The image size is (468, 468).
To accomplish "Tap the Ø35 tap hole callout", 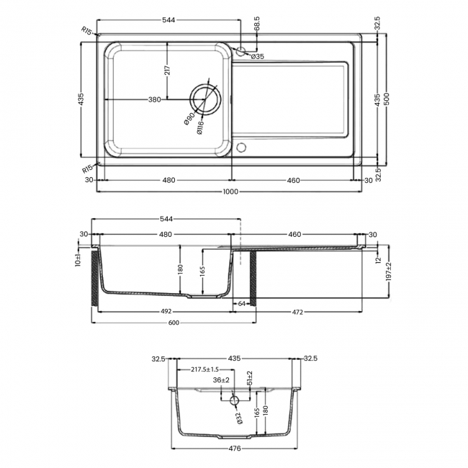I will (x=258, y=56).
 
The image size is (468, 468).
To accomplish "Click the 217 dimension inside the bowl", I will (x=167, y=70).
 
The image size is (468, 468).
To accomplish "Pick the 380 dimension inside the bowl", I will (x=154, y=100).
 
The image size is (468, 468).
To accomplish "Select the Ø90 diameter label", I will (x=189, y=120).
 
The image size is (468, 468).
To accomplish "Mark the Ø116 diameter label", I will (x=199, y=127).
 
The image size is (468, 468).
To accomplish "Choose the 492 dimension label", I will (x=165, y=312).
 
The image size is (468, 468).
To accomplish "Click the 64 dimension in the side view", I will (x=241, y=303).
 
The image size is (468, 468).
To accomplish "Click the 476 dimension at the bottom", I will (x=233, y=447).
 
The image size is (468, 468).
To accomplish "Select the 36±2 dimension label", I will (x=221, y=380).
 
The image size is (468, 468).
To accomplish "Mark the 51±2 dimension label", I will (x=250, y=378).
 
